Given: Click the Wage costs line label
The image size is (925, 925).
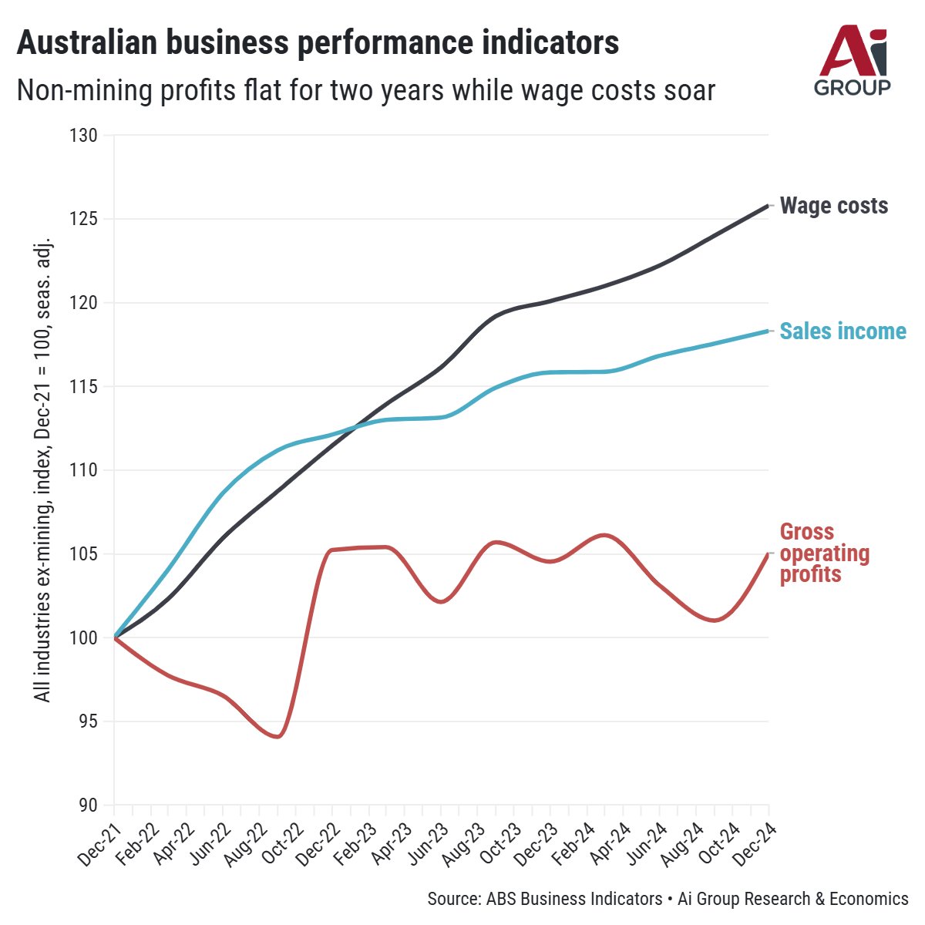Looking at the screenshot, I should click(833, 206).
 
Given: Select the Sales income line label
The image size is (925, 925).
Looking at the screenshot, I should click(843, 331).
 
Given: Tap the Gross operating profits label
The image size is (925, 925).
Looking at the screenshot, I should click(824, 553).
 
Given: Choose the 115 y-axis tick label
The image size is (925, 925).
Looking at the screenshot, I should click(87, 386).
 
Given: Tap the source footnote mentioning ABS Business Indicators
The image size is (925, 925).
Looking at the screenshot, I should click(668, 899).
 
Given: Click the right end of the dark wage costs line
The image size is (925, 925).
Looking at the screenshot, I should click(768, 205).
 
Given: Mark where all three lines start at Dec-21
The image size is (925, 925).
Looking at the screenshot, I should click(115, 637).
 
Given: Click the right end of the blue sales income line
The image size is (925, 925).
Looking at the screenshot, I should click(768, 331).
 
